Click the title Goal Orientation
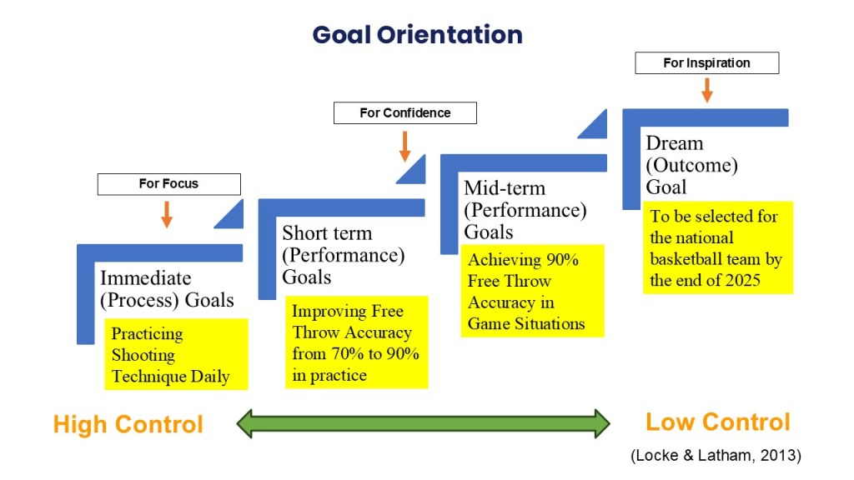pos(418,35)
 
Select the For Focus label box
pos(168,184)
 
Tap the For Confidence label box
pos(405,112)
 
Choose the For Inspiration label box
pos(707,63)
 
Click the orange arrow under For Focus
pos(167,214)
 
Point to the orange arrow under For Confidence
pos(404,147)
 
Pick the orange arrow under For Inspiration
pos(707,90)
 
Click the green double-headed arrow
pos(423,423)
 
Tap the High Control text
pos(128,424)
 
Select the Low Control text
pos(718,422)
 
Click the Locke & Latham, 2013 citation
pos(716,455)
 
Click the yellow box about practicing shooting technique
pos(176,354)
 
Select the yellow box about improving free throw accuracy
pos(357,342)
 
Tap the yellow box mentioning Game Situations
pos(533,291)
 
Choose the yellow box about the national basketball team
pos(718,247)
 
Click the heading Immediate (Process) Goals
pos(167,289)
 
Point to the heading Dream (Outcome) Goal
pos(691,165)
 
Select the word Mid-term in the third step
pos(505,188)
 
